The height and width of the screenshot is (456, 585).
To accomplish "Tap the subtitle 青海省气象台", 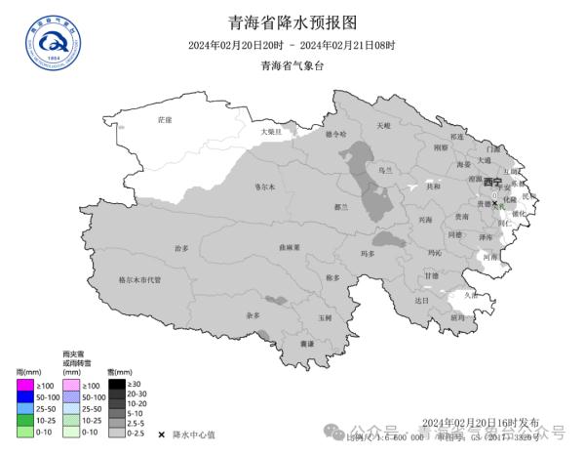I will click(x=292, y=66).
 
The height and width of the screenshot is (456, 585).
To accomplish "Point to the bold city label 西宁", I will click(x=491, y=183).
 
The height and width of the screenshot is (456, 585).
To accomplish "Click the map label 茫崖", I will click(x=165, y=119).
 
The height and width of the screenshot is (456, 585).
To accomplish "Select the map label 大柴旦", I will click(x=270, y=131).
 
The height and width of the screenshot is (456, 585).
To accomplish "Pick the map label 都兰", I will click(x=341, y=207).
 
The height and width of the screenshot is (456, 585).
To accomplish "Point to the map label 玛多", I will click(x=368, y=254).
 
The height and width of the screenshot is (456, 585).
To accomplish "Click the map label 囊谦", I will click(x=307, y=344).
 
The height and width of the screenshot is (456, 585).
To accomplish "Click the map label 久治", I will click(x=471, y=294).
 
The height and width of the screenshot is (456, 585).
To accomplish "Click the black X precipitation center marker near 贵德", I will click(x=494, y=202).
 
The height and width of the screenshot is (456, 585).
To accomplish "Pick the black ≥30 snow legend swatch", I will click(x=116, y=384).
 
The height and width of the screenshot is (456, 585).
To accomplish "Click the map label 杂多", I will click(x=253, y=315).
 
